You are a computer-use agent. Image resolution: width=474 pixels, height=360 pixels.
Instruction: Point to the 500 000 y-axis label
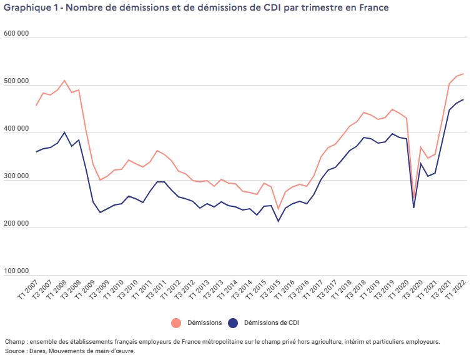(16, 81)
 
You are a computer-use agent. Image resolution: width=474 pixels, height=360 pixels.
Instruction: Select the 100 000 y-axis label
(16, 271)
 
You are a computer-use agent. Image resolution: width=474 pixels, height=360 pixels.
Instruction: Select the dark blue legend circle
(234, 322)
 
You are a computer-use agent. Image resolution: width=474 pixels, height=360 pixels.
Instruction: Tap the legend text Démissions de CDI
(274, 322)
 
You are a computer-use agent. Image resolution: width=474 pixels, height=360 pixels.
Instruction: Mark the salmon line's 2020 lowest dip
(414, 197)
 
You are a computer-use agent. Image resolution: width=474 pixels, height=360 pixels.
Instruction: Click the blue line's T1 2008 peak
(64, 132)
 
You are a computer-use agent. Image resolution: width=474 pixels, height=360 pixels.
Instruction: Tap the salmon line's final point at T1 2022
(463, 74)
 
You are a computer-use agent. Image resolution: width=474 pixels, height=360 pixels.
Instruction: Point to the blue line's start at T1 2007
(37, 152)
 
